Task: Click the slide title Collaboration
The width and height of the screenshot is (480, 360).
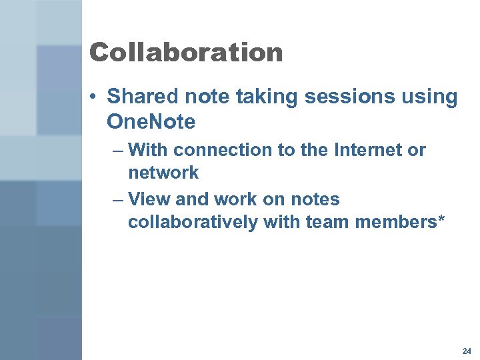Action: (186, 53)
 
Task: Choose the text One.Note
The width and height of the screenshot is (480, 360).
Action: (151, 123)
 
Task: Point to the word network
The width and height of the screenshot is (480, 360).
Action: (163, 173)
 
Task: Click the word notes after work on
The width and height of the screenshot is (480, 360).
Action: (313, 199)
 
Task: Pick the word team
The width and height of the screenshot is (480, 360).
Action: (326, 222)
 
